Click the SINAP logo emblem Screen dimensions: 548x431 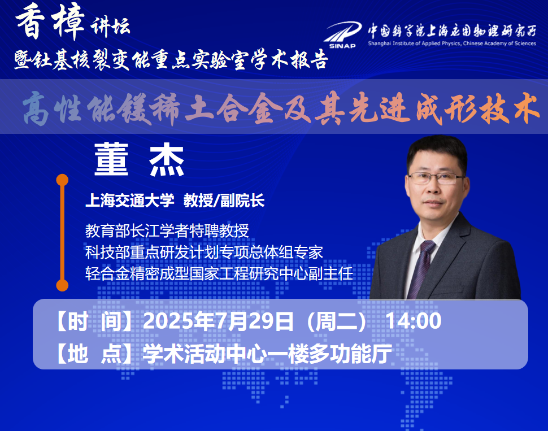[x=343, y=35]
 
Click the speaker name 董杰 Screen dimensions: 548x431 [x=139, y=159]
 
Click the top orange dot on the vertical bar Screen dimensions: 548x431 [x=62, y=180]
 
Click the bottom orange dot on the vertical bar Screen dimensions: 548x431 [x=62, y=285]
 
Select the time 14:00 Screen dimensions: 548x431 [x=414, y=321]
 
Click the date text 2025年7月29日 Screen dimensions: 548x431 [x=219, y=321]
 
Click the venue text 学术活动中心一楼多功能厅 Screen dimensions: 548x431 [x=268, y=354]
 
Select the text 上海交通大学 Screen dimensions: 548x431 [x=130, y=201]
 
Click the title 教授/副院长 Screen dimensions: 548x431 [x=224, y=201]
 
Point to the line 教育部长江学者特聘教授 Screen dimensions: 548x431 [x=167, y=231]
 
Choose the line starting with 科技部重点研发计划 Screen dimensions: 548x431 [x=204, y=252]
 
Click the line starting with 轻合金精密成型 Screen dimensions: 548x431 [x=219, y=274]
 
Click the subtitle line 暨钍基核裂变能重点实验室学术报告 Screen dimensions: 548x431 [x=171, y=60]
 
